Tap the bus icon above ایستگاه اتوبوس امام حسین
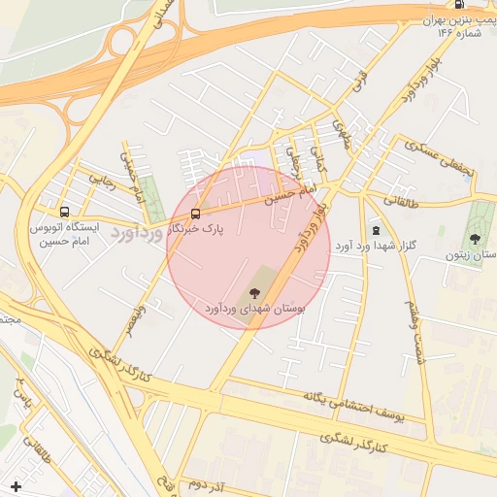65,212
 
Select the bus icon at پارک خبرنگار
196,214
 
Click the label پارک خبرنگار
204,229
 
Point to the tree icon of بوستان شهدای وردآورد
255,292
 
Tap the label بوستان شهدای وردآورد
255,308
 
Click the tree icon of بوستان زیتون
475,239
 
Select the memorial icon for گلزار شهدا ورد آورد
376,230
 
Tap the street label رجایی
103,179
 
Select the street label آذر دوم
209,483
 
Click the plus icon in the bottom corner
15,485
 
